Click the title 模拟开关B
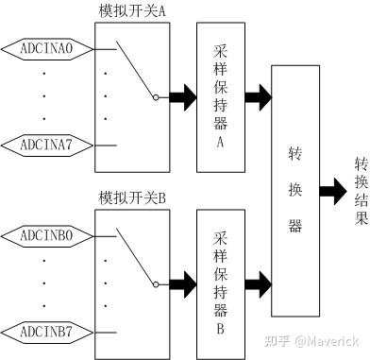pyautogui.click(x=132, y=199)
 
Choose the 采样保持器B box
pyautogui.click(x=220, y=280)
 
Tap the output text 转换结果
pyautogui.click(x=360, y=190)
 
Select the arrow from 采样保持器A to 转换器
pyautogui.click(x=256, y=96)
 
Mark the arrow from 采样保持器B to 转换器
pyautogui.click(x=256, y=282)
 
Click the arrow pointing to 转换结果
pyautogui.click(x=332, y=190)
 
